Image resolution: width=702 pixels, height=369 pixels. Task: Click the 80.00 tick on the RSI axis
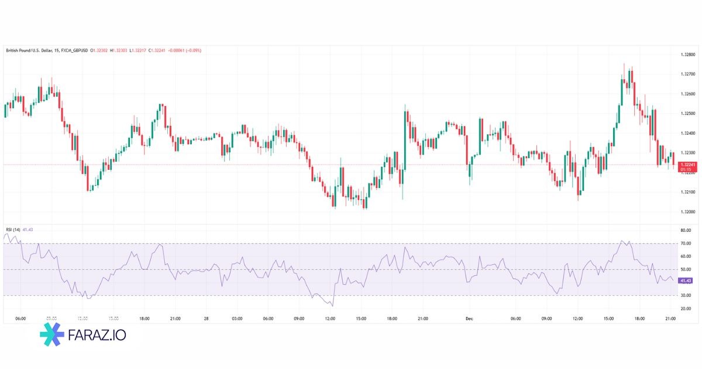(x=686, y=230)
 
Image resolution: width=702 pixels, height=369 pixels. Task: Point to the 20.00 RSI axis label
(x=686, y=308)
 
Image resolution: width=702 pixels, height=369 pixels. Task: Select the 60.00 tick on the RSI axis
(x=686, y=257)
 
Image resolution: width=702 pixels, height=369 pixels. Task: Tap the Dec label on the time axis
(x=469, y=319)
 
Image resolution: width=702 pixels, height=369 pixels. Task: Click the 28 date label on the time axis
(x=206, y=319)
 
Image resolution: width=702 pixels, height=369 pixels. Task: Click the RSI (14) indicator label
(x=13, y=230)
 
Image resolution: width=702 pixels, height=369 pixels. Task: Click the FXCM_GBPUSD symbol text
(x=75, y=50)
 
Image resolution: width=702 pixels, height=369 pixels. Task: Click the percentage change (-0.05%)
(x=192, y=50)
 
